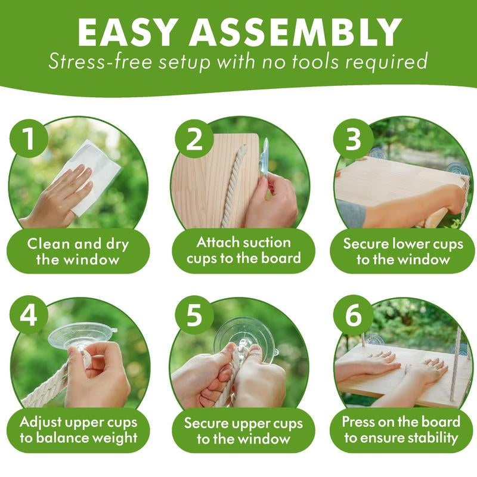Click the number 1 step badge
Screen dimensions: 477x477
[29, 139]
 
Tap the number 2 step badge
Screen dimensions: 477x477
[194, 139]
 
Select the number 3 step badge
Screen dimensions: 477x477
[353, 139]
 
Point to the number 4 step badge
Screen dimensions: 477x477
[29, 315]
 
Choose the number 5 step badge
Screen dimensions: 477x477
[194, 315]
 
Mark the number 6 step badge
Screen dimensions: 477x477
[353, 315]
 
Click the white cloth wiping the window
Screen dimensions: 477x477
[91, 176]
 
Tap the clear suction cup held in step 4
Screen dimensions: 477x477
[82, 337]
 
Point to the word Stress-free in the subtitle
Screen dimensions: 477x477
[100, 62]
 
